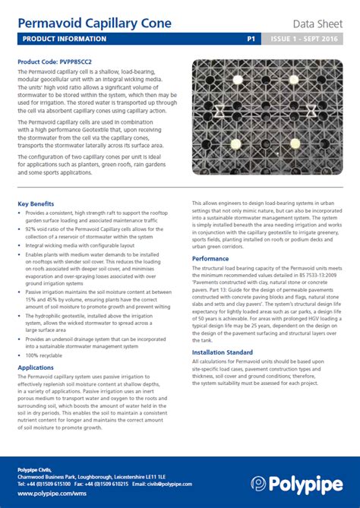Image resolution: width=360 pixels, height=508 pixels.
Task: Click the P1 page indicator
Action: [251, 38]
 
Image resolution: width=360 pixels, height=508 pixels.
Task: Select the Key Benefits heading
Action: [36, 204]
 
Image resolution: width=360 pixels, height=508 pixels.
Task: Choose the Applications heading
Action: [36, 367]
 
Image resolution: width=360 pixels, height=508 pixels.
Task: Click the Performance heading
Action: [210, 258]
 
